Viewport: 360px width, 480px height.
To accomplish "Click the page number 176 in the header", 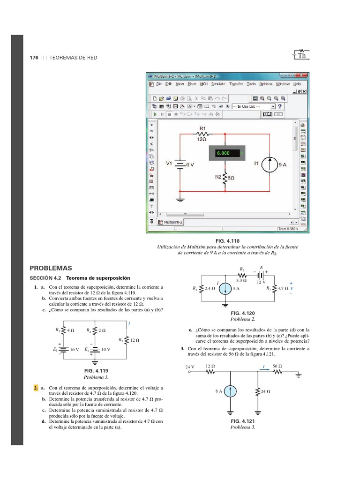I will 34,57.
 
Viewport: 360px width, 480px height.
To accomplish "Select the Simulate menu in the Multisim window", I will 218,84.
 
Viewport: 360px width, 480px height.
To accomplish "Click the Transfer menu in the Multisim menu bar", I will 236,84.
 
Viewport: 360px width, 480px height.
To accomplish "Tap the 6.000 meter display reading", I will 223,153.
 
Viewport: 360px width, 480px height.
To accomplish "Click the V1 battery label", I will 169,164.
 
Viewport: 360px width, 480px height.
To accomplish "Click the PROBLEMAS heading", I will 51,268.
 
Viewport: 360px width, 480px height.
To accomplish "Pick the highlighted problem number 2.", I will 36,388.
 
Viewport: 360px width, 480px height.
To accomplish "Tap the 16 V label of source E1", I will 75,350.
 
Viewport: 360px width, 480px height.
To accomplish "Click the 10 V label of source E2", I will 105,350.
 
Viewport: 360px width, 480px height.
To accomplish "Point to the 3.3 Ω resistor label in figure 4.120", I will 242,280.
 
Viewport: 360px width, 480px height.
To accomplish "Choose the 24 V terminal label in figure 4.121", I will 190,366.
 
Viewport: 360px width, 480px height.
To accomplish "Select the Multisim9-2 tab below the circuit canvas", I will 171,222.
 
